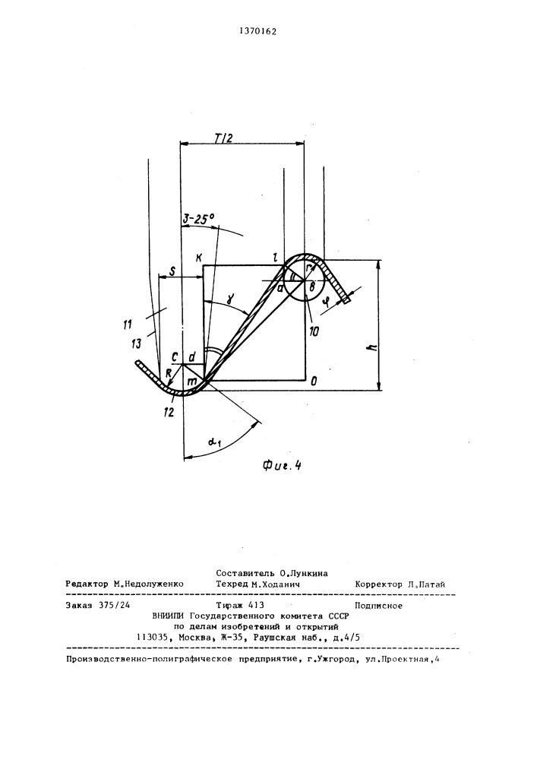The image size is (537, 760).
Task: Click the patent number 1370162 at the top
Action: click(258, 32)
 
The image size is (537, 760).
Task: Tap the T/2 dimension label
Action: click(223, 138)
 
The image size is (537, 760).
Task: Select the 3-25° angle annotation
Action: click(198, 219)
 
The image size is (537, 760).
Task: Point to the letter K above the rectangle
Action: click(198, 258)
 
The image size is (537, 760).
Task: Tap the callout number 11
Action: click(128, 325)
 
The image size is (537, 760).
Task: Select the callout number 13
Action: click(137, 344)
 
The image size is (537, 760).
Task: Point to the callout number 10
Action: click(314, 332)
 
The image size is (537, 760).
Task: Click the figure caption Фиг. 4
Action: click(282, 466)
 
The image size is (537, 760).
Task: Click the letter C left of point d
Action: click(175, 356)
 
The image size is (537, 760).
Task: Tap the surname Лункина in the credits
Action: click(311, 573)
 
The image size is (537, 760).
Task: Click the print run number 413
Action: click(256, 605)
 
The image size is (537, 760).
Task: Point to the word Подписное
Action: click(379, 606)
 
